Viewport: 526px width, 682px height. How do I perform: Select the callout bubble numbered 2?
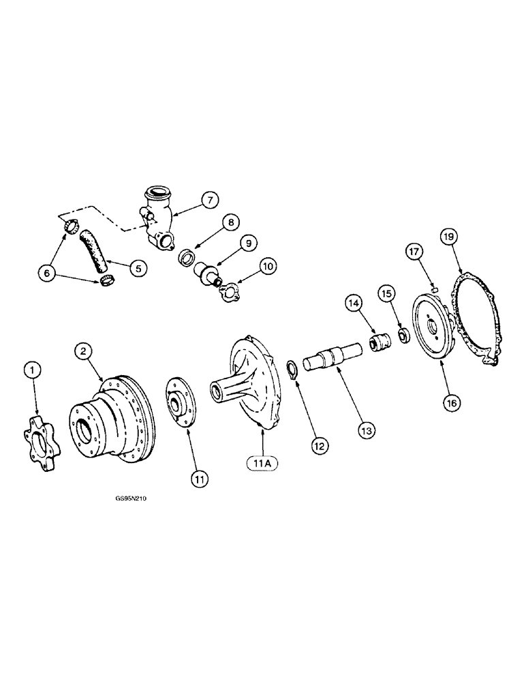click(83, 351)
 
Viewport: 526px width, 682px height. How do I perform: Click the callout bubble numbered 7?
click(208, 199)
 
